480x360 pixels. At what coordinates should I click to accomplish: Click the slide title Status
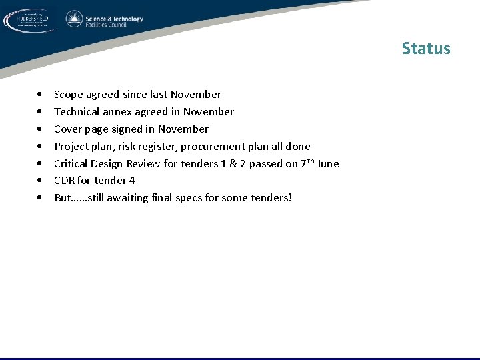click(x=426, y=49)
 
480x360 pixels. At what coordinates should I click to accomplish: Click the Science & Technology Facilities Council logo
click(x=105, y=19)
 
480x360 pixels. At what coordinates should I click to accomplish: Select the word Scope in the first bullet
click(x=69, y=95)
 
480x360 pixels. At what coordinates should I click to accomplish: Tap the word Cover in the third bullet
click(x=68, y=129)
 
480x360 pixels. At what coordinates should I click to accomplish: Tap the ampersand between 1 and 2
click(x=235, y=164)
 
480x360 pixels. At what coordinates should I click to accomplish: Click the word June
click(x=328, y=164)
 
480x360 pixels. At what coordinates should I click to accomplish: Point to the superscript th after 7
click(x=310, y=161)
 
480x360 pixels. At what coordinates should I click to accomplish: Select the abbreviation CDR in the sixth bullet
click(x=64, y=181)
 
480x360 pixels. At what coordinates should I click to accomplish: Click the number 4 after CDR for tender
click(x=132, y=181)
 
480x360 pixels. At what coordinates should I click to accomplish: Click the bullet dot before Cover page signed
click(x=41, y=129)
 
